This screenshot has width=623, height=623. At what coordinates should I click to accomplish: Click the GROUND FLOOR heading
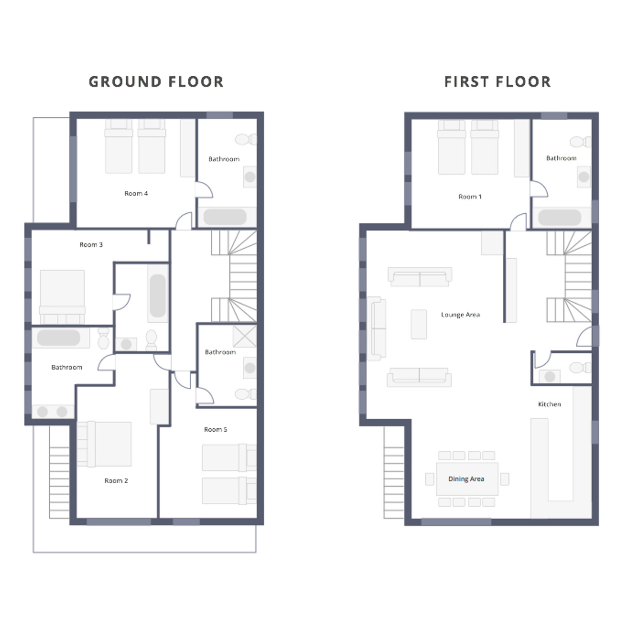point(156,82)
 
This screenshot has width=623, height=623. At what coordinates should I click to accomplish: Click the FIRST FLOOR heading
point(498,82)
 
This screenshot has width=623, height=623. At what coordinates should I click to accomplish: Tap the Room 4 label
point(136,193)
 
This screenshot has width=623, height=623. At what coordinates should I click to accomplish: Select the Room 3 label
point(91,245)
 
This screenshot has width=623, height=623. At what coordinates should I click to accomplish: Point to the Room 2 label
point(116,481)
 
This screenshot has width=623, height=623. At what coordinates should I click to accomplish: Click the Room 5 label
point(215,429)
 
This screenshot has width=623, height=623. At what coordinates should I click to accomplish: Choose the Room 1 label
point(470,196)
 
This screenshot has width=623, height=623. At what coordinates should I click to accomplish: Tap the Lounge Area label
point(460,315)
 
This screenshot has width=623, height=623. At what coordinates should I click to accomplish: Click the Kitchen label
point(549,404)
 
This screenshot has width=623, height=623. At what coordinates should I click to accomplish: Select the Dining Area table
point(467,479)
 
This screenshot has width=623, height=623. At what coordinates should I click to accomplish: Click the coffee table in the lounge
point(419,324)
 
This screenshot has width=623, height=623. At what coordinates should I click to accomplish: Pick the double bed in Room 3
point(62,297)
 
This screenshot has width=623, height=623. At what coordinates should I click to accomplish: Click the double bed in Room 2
point(104,444)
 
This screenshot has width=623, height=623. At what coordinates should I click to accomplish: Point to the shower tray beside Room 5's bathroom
point(244,336)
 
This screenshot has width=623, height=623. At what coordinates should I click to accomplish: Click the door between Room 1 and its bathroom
point(539,189)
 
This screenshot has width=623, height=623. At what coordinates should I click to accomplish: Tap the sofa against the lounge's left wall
point(376,328)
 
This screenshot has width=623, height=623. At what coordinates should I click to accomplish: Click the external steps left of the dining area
point(394,472)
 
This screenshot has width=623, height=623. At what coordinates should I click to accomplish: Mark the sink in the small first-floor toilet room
point(549,376)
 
